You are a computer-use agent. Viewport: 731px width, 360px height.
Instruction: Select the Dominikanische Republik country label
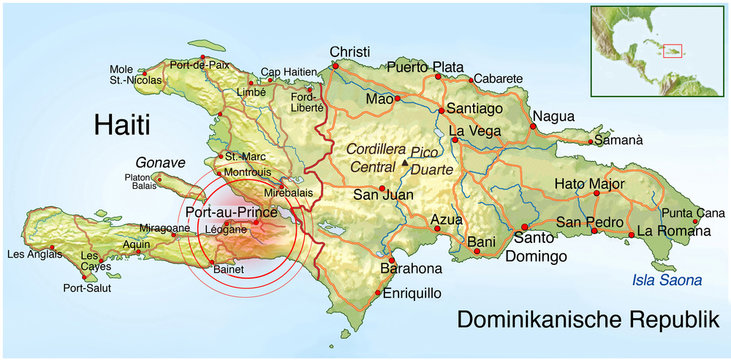point(588,320)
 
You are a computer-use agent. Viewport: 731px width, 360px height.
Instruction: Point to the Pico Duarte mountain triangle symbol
point(405,162)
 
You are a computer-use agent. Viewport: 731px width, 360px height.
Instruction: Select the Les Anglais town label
point(28,253)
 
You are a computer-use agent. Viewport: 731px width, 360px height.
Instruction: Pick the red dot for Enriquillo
point(376,294)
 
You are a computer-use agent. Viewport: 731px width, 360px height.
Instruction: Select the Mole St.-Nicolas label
point(129,75)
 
